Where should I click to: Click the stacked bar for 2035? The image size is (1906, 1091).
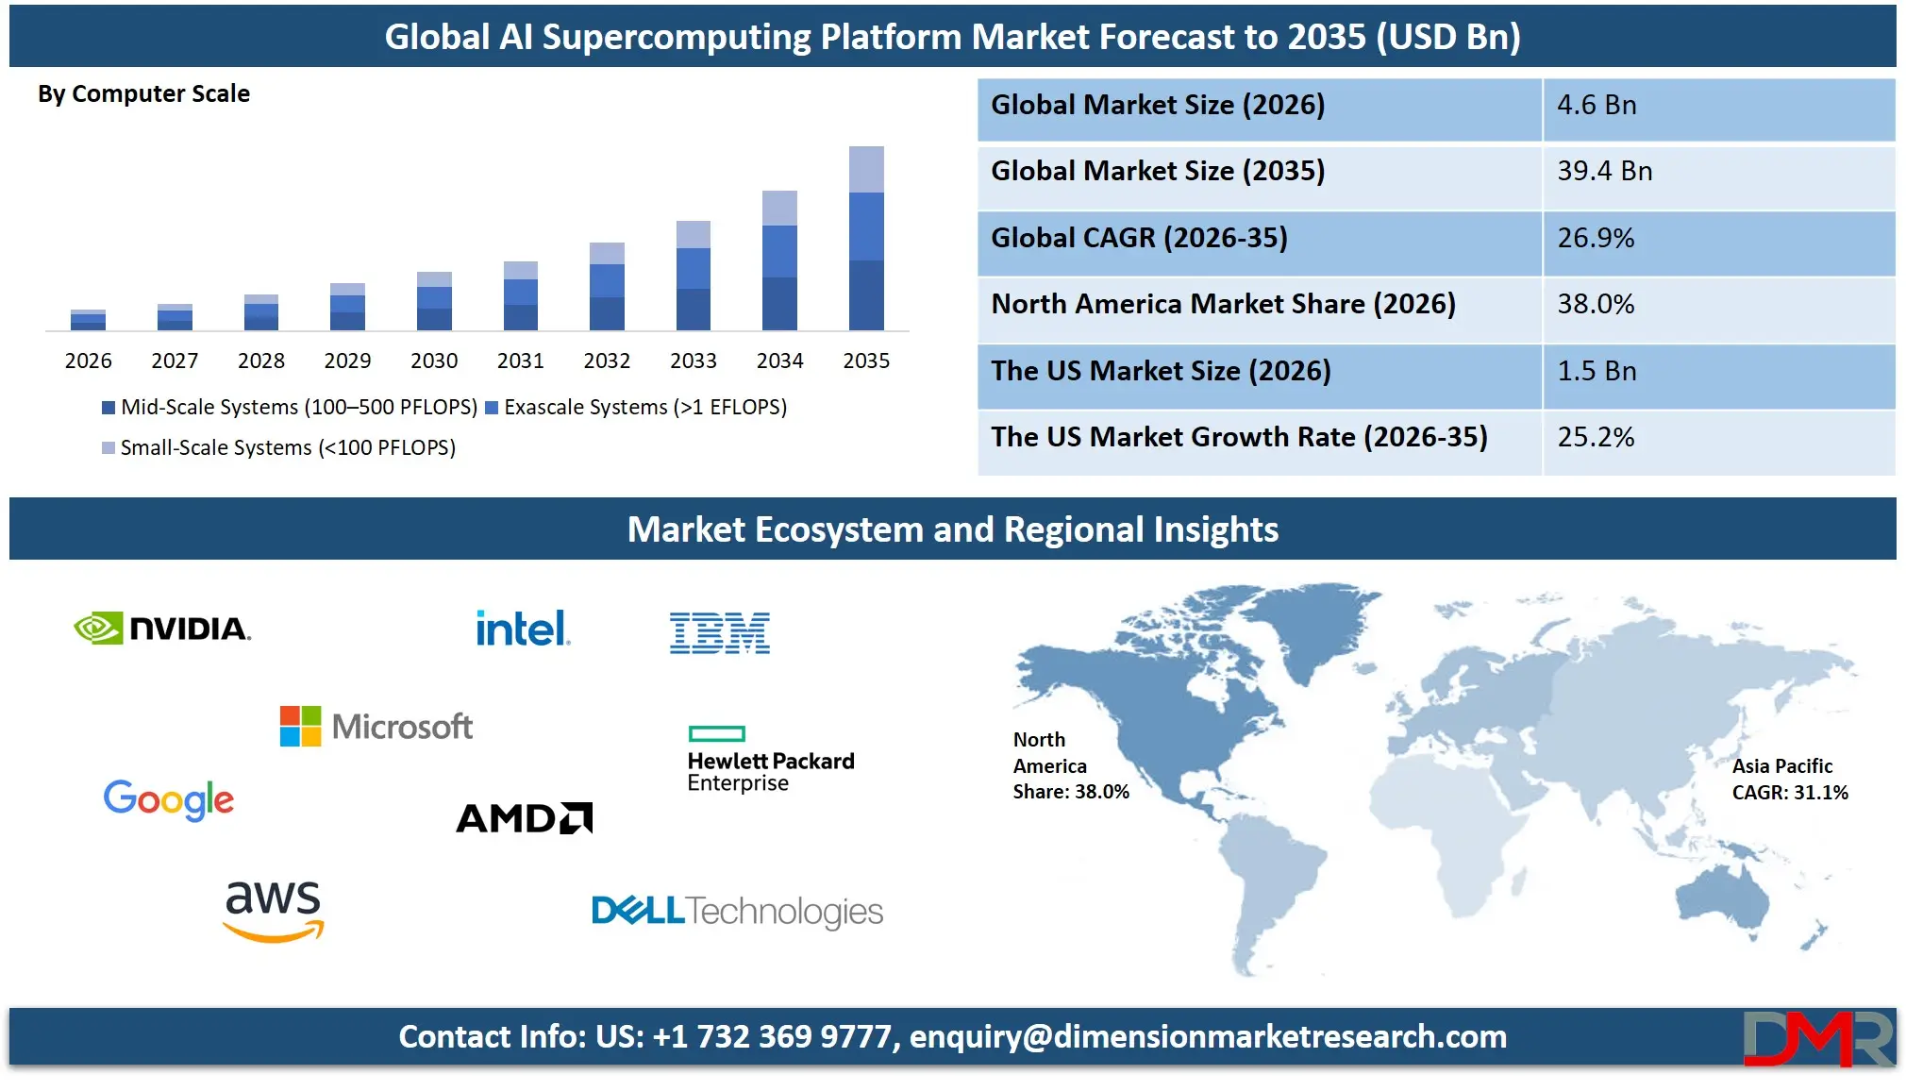[866, 238]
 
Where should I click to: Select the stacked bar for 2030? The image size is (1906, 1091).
[434, 301]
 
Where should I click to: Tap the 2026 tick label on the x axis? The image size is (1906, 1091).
[88, 361]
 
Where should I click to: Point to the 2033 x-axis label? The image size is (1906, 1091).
[694, 361]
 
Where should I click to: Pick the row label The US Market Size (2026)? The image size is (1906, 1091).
[1161, 371]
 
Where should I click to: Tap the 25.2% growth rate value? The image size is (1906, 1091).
[1596, 437]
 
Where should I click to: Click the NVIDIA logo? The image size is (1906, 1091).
[162, 629]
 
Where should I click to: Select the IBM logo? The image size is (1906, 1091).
[720, 632]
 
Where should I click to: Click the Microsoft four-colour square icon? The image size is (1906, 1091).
[300, 726]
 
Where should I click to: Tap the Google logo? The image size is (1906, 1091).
[169, 800]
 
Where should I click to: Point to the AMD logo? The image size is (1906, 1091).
[525, 818]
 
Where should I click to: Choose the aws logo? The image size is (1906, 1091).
[273, 909]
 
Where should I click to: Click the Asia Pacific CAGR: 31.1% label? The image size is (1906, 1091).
[1789, 780]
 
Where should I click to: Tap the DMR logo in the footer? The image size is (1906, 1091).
[1817, 1038]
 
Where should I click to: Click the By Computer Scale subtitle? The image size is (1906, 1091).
[143, 93]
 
